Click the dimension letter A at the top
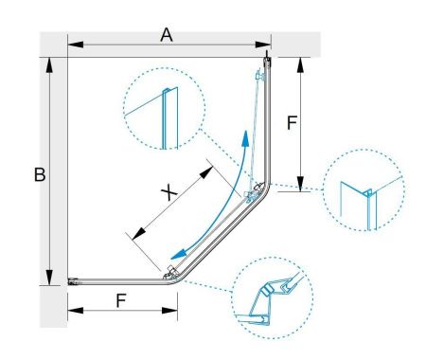(167, 35)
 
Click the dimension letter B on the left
(40, 174)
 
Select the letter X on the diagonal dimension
(169, 192)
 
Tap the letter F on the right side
(292, 123)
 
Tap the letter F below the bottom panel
(121, 300)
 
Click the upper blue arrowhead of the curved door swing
(245, 138)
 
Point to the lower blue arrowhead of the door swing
(178, 254)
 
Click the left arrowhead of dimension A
(76, 45)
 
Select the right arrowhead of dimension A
(263, 45)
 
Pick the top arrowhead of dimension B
(49, 65)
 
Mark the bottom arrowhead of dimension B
(49, 278)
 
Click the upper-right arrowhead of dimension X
(206, 172)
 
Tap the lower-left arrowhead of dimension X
(139, 234)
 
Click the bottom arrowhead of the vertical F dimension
(300, 184)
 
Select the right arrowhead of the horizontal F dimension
(169, 311)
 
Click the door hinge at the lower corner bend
(170, 273)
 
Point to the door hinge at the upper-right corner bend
(255, 192)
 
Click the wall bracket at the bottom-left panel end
(73, 281)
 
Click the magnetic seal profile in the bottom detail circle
(267, 289)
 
